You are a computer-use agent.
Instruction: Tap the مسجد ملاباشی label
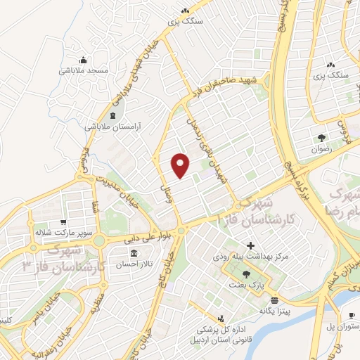[x=83, y=71]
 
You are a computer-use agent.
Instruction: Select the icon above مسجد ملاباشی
[x=83, y=60]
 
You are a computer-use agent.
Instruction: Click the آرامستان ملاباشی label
[x=113, y=127]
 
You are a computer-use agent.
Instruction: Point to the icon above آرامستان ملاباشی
[x=112, y=115]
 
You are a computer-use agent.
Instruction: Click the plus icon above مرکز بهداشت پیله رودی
[x=250, y=245]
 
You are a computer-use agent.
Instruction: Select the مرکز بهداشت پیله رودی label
[x=250, y=257]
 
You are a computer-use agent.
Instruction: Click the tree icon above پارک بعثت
[x=245, y=274]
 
